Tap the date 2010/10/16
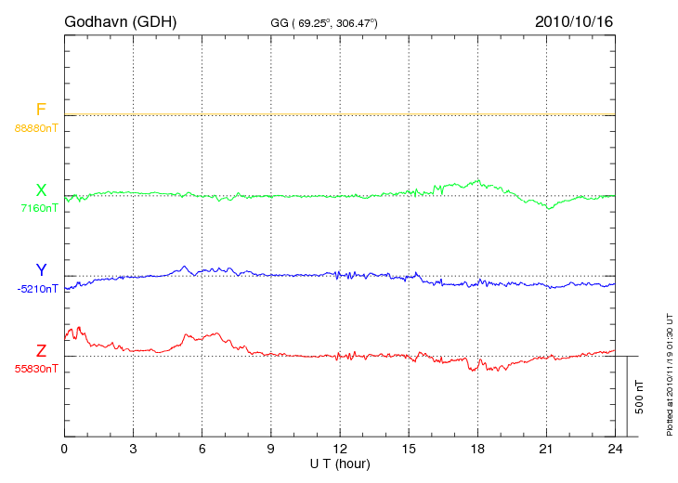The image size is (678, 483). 574,20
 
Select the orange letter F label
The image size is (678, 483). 41,110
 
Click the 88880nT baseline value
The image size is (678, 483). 35,127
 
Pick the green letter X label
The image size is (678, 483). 41,190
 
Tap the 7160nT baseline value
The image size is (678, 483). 39,208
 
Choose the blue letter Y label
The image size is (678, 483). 41,270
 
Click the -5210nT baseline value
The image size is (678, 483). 37,289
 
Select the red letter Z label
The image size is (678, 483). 41,351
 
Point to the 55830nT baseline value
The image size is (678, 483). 35,369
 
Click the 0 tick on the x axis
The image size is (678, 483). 64,449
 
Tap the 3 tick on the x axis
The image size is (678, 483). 134,449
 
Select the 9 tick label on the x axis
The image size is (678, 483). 271,449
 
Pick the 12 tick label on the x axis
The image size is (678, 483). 340,449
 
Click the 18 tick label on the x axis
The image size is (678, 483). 478,449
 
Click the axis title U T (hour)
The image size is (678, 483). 340,463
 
